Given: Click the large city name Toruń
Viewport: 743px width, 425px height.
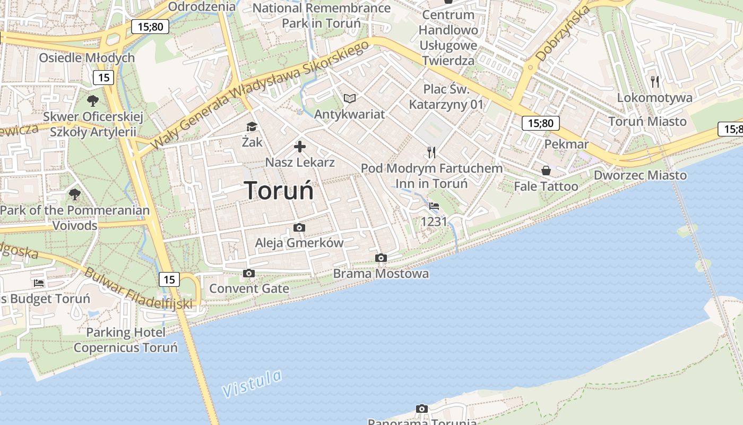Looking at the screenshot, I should point(279,190).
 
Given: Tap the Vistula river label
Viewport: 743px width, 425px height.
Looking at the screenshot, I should point(253,384).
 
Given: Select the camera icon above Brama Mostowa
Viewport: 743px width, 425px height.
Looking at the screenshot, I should point(381,258).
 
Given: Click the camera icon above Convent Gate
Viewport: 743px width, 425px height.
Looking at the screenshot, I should point(248,274).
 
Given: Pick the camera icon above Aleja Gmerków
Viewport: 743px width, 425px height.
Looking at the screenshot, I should point(299,228).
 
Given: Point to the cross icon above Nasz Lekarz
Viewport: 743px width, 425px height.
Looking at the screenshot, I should point(300,147).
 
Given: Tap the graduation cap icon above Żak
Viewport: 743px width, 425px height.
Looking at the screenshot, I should point(252,126).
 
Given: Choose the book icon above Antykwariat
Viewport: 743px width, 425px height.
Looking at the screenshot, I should point(349,98).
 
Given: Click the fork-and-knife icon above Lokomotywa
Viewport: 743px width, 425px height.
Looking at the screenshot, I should point(655,81).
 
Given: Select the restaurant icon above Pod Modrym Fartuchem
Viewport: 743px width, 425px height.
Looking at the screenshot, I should point(431,152).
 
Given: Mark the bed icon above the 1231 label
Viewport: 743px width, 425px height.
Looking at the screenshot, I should point(434,206).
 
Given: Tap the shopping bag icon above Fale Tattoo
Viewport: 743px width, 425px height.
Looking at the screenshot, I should point(546,171).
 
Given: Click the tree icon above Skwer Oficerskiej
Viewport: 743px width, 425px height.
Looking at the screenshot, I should point(93,100).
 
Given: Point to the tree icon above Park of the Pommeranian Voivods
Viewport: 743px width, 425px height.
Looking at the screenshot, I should point(75,194).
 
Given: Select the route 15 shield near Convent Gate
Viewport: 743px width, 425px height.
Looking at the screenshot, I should point(169,279).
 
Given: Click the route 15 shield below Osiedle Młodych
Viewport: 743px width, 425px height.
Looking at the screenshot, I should point(103,78).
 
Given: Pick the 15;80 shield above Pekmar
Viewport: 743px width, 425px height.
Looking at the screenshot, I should point(541,124).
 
